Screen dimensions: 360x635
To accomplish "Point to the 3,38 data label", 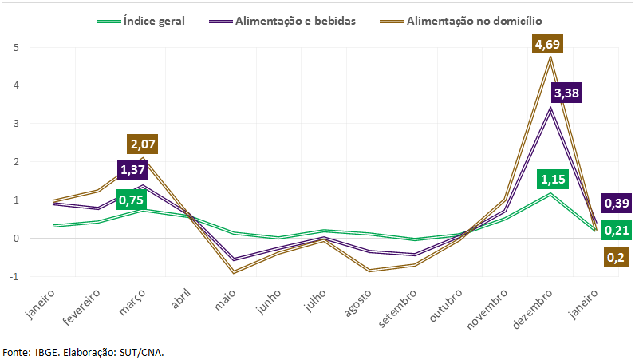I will pyautogui.click(x=566, y=93).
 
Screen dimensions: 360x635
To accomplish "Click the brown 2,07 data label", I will pyautogui.click(x=142, y=144).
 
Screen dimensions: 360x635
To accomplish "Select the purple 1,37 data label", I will pyautogui.click(x=132, y=170).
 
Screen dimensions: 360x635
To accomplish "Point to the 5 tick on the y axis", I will pyautogui.click(x=15, y=47).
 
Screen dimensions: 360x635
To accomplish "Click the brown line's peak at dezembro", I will pyautogui.click(x=550, y=57).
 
